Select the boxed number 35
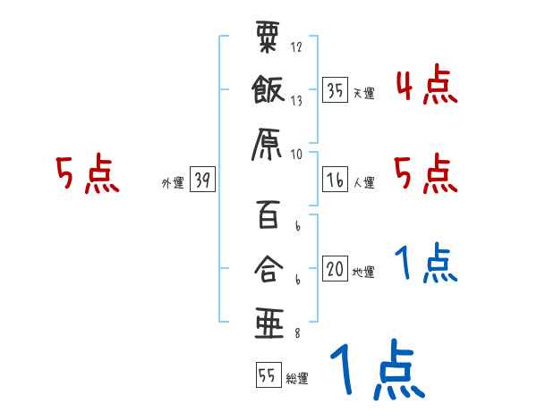335,90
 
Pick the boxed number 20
335,269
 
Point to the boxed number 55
267,376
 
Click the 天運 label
363,93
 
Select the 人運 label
363,182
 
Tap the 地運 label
363,272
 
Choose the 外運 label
173,182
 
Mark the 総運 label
296,379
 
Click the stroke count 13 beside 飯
295,102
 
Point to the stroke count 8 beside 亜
296,334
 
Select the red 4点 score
426,86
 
